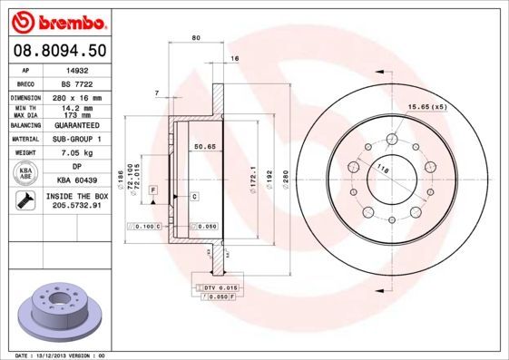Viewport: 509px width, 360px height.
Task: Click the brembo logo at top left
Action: [x=57, y=19]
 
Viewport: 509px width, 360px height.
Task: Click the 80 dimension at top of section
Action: [x=196, y=37]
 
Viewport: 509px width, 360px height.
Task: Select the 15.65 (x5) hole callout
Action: [x=428, y=108]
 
